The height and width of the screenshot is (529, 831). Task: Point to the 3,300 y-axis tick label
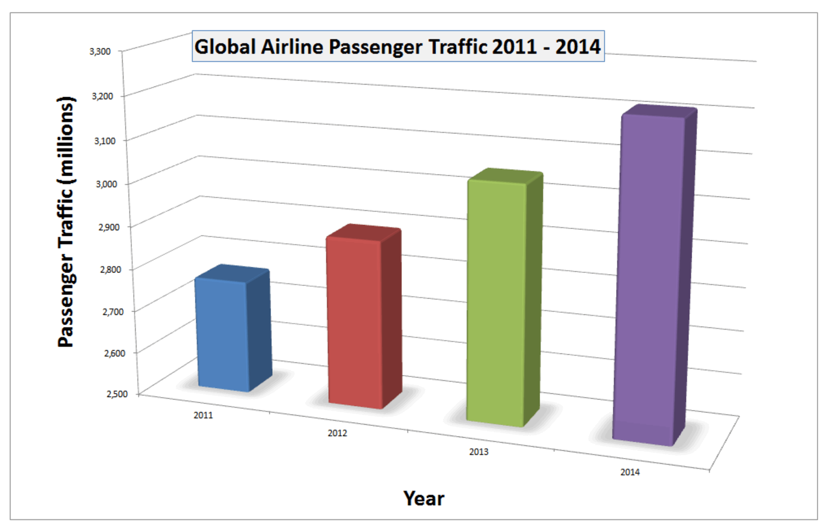[100, 51]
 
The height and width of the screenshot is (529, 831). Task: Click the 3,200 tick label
[102, 96]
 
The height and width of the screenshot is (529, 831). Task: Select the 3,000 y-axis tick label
[106, 184]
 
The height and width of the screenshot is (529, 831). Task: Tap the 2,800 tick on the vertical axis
[111, 270]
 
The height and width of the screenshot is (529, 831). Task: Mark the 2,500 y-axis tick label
[117, 394]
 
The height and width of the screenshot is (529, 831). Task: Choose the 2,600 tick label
[115, 353]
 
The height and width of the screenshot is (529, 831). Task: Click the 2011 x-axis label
[203, 415]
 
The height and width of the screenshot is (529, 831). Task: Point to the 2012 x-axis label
[337, 433]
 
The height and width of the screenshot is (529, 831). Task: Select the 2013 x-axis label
[479, 452]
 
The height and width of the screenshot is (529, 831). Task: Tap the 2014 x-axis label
[630, 472]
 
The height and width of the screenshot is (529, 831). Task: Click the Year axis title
[424, 499]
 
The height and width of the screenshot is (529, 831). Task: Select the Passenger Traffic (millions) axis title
[66, 222]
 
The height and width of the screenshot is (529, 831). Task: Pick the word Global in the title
[225, 47]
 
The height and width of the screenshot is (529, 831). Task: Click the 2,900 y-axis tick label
[109, 227]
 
